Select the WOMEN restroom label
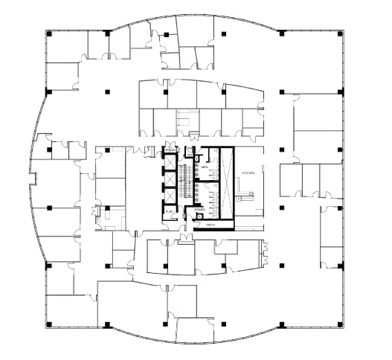tap(200, 210)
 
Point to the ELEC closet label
tap(170, 212)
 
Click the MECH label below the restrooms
tap(211, 225)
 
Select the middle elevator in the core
tap(170, 179)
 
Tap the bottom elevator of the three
tap(170, 197)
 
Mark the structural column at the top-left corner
tap(48, 33)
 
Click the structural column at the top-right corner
tap(341, 33)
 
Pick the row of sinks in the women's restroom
tap(195, 196)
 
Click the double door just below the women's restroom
tap(184, 237)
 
